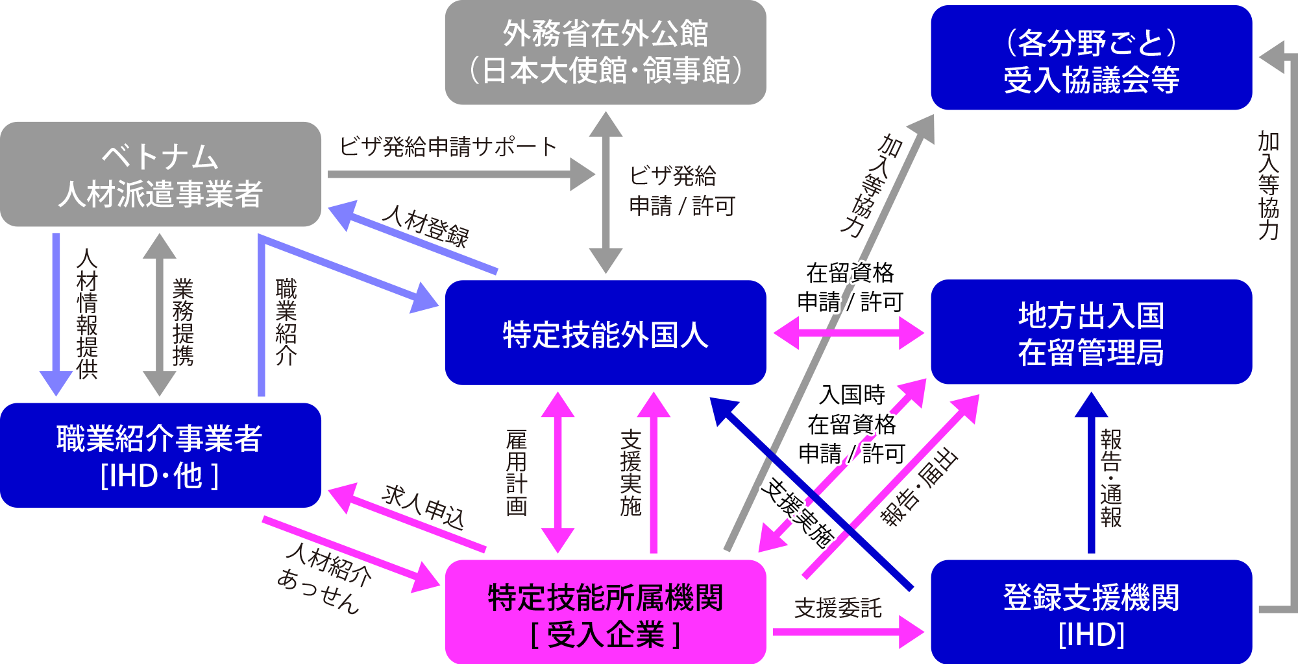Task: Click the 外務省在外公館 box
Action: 605,52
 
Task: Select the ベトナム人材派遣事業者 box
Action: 160,174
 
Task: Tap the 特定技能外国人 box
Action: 605,333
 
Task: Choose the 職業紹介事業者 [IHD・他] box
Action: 160,456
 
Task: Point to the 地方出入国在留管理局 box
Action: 1091,333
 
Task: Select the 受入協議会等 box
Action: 1091,58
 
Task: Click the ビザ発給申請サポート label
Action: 448,147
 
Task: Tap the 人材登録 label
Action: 425,226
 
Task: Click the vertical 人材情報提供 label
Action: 87,314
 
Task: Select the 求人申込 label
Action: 423,506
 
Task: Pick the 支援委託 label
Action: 838,608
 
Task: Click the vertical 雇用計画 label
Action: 517,472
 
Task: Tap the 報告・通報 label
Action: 1111,478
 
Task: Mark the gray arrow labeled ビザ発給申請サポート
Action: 454,174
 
